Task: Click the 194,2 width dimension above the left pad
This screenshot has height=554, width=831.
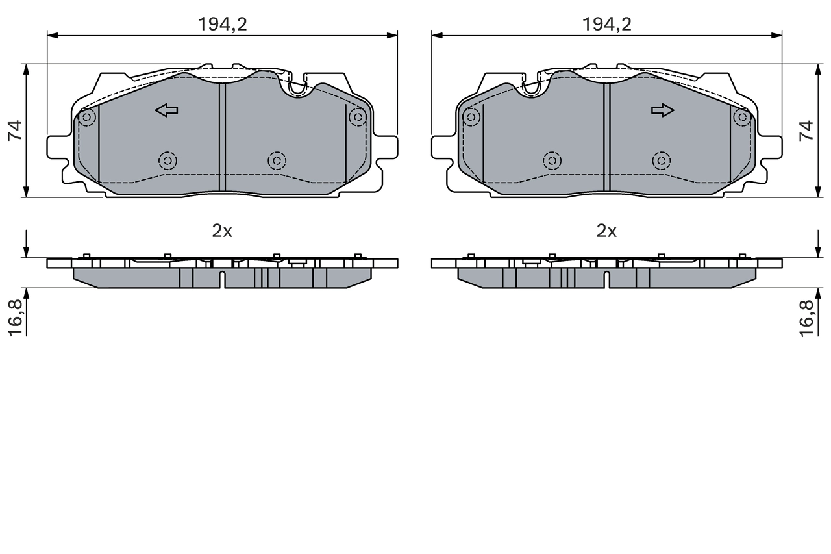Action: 223,24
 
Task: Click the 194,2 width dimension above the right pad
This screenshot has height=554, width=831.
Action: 606,24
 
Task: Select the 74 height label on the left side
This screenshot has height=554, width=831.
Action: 16,131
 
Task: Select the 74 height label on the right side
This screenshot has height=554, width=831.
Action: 806,131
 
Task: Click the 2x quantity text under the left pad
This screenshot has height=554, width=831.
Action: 222,231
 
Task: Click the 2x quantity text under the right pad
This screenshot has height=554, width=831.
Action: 606,231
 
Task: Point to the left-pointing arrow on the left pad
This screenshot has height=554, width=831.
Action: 167,110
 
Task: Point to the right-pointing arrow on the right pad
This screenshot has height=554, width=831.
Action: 663,110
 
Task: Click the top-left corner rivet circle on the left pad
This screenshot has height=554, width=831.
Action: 87,118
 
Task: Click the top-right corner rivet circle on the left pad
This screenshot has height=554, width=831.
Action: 358,118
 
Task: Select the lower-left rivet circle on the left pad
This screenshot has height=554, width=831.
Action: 168,160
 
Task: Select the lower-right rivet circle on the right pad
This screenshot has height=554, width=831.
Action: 661,160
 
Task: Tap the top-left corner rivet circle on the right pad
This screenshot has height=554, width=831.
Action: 471,118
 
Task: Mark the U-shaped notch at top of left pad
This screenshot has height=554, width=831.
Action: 298,88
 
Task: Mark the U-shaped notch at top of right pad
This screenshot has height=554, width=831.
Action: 531,88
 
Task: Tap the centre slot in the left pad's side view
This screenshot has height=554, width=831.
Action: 222,280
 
